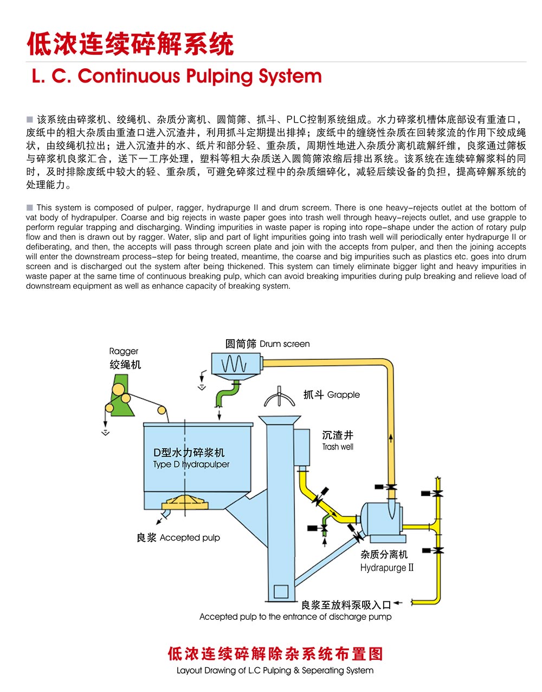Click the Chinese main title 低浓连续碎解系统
point(130,44)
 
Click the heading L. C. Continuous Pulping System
point(177,76)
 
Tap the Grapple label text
point(331,395)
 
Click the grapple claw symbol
point(279,398)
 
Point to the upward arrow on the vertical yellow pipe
point(390,438)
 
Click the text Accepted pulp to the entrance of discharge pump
point(295,617)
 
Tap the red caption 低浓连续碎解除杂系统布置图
point(275,653)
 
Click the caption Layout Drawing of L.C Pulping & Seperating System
point(275,670)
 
